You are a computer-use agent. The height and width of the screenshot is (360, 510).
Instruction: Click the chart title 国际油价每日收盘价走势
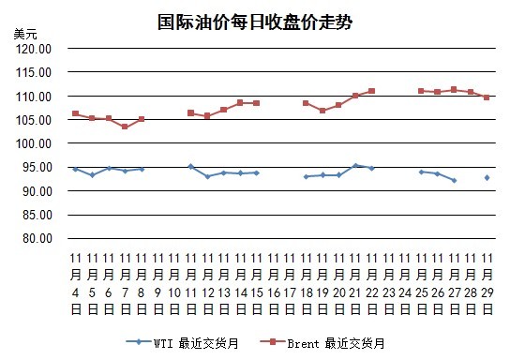pyautogui.click(x=255, y=22)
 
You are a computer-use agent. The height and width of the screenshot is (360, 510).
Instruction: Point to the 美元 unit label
pyautogui.click(x=25, y=34)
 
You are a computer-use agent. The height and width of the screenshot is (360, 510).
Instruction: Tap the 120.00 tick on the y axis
pyautogui.click(x=34, y=49)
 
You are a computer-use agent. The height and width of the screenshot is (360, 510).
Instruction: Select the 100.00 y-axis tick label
pyautogui.click(x=34, y=143)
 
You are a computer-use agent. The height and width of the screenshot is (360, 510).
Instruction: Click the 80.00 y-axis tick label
pyautogui.click(x=37, y=239)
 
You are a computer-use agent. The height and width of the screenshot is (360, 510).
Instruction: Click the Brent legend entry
pyautogui.click(x=322, y=343)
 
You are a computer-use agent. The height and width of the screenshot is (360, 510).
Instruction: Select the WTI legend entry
pyautogui.click(x=183, y=343)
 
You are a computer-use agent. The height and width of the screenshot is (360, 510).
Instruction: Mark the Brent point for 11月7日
pyautogui.click(x=125, y=127)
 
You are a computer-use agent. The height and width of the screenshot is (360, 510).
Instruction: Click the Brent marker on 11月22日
pyautogui.click(x=372, y=91)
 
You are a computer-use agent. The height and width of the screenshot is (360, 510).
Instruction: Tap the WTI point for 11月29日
pyautogui.click(x=487, y=178)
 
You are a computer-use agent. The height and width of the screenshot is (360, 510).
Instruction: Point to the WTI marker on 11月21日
pyautogui.click(x=355, y=166)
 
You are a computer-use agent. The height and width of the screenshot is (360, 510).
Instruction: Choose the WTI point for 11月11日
pyautogui.click(x=191, y=167)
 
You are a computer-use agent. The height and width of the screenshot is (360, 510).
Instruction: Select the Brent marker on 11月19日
pyautogui.click(x=322, y=111)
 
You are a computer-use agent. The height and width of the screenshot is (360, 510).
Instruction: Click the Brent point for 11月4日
pyautogui.click(x=75, y=113)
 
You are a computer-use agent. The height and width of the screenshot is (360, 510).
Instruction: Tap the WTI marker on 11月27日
pyautogui.click(x=454, y=180)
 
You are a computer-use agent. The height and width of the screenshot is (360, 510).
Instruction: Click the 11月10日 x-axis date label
pyautogui.click(x=174, y=284)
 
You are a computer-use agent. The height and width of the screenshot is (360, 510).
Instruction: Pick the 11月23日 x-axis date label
pyautogui.click(x=388, y=284)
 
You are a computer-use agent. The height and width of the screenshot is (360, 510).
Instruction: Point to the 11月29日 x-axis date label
pyautogui.click(x=487, y=284)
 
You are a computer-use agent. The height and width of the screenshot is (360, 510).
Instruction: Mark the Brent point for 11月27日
pyautogui.click(x=454, y=90)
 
